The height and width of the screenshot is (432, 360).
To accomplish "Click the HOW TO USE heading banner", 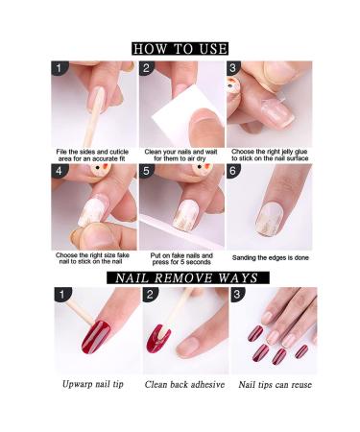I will coord(180,48).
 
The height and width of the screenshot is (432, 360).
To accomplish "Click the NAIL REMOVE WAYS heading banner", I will coord(180,278).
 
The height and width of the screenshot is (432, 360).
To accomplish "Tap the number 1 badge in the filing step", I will coord(60,69).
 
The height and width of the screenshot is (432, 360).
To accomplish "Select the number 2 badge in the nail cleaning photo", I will coord(147,69).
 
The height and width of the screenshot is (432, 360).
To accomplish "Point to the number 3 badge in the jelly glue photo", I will coord(233,69).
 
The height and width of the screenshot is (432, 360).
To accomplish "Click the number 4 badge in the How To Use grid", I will coord(60,171).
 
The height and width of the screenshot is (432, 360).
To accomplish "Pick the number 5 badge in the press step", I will coord(147,171).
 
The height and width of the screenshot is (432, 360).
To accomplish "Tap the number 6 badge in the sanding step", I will coord(233,171).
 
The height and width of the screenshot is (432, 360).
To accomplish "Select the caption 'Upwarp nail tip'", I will coord(94,385).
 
